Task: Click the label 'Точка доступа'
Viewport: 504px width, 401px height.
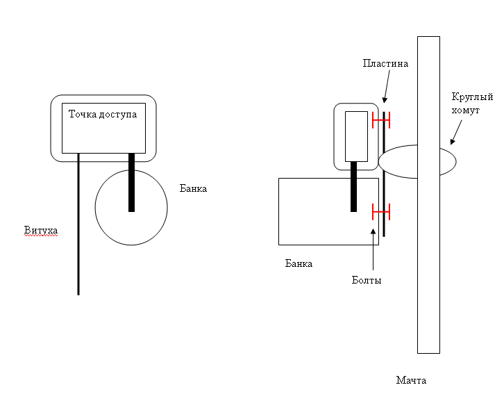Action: pyautogui.click(x=103, y=113)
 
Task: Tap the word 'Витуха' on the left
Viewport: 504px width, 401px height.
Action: pyautogui.click(x=40, y=230)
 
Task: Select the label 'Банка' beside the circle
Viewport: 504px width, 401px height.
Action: pyautogui.click(x=194, y=188)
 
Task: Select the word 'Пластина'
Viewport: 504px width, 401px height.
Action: pyautogui.click(x=385, y=63)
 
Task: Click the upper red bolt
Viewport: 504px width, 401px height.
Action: pyautogui.click(x=381, y=120)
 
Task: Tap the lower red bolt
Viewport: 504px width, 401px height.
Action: pyautogui.click(x=381, y=210)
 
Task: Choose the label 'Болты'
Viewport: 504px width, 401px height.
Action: pyautogui.click(x=367, y=280)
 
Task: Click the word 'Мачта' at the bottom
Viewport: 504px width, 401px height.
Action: pyautogui.click(x=411, y=380)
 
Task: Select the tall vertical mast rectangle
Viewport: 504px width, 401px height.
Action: pyautogui.click(x=428, y=278)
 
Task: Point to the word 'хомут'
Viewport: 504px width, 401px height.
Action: pyautogui.click(x=465, y=111)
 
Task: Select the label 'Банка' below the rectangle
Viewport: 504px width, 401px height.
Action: pyautogui.click(x=299, y=263)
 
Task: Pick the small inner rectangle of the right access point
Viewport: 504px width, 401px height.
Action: pyautogui.click(x=356, y=136)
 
